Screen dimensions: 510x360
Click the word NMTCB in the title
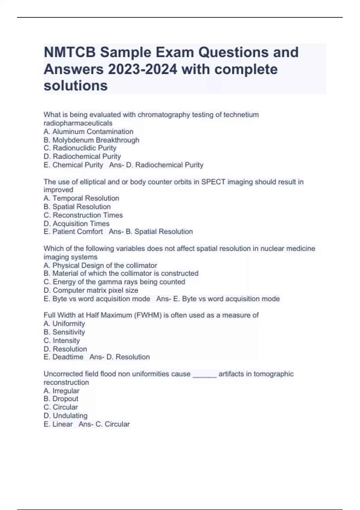click(x=70, y=52)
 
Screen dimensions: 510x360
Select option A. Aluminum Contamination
click(x=88, y=132)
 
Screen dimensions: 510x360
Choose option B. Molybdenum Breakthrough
click(x=91, y=140)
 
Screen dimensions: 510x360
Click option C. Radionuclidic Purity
click(x=80, y=148)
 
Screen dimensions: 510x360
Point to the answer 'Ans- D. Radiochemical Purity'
click(x=156, y=165)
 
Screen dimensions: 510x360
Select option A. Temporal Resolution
click(x=81, y=198)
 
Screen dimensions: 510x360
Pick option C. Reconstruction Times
click(x=83, y=215)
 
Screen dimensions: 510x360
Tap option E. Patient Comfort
click(x=73, y=232)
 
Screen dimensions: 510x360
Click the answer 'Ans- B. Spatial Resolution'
click(x=151, y=232)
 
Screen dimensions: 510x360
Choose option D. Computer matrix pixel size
click(x=91, y=290)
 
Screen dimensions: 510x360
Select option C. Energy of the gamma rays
click(x=114, y=282)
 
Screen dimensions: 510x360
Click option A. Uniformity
click(x=64, y=324)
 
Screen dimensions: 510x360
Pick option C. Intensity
click(x=61, y=340)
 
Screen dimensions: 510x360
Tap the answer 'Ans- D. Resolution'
click(x=119, y=357)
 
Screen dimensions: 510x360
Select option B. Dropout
click(x=61, y=399)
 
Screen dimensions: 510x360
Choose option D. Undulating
click(x=65, y=416)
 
